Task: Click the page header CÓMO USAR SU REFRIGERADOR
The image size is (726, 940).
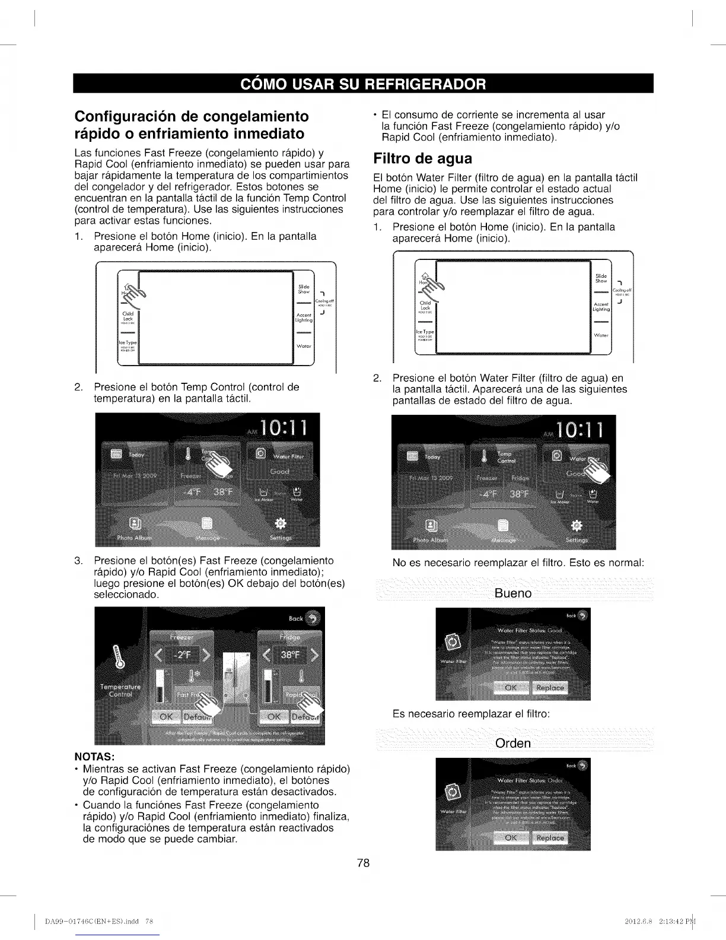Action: (363, 84)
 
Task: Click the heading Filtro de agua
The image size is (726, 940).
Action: (422, 159)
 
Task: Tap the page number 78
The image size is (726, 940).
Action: (363, 863)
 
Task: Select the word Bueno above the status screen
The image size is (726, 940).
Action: (513, 594)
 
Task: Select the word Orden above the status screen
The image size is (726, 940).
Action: (513, 744)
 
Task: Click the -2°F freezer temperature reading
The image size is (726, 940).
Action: (181, 656)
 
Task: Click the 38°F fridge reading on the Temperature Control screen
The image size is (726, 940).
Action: (290, 656)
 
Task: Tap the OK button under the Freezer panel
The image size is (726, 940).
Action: (167, 717)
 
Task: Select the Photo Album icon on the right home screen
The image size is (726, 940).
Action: (431, 526)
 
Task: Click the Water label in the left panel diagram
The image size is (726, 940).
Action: (303, 346)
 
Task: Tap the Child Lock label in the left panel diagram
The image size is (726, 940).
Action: (128, 316)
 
